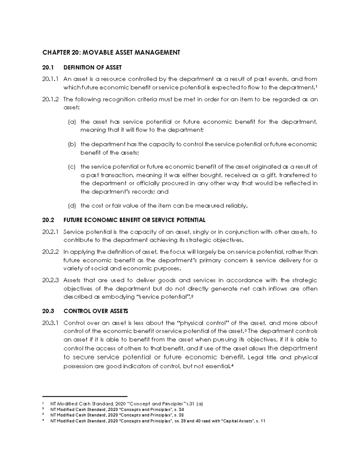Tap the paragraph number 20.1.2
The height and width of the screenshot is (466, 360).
(x=51, y=100)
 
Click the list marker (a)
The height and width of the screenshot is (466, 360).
(x=72, y=122)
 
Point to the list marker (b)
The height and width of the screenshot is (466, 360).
(x=72, y=144)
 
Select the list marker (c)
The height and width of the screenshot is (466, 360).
(x=72, y=167)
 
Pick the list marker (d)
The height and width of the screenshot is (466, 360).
(x=72, y=206)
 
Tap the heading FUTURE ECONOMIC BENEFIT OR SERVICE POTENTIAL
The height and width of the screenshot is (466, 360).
(x=134, y=220)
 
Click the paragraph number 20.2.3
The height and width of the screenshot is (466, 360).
(x=51, y=281)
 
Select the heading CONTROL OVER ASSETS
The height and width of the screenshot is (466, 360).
(x=96, y=311)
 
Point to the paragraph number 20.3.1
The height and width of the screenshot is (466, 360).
(x=51, y=323)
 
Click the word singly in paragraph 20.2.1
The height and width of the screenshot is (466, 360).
(x=201, y=232)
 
